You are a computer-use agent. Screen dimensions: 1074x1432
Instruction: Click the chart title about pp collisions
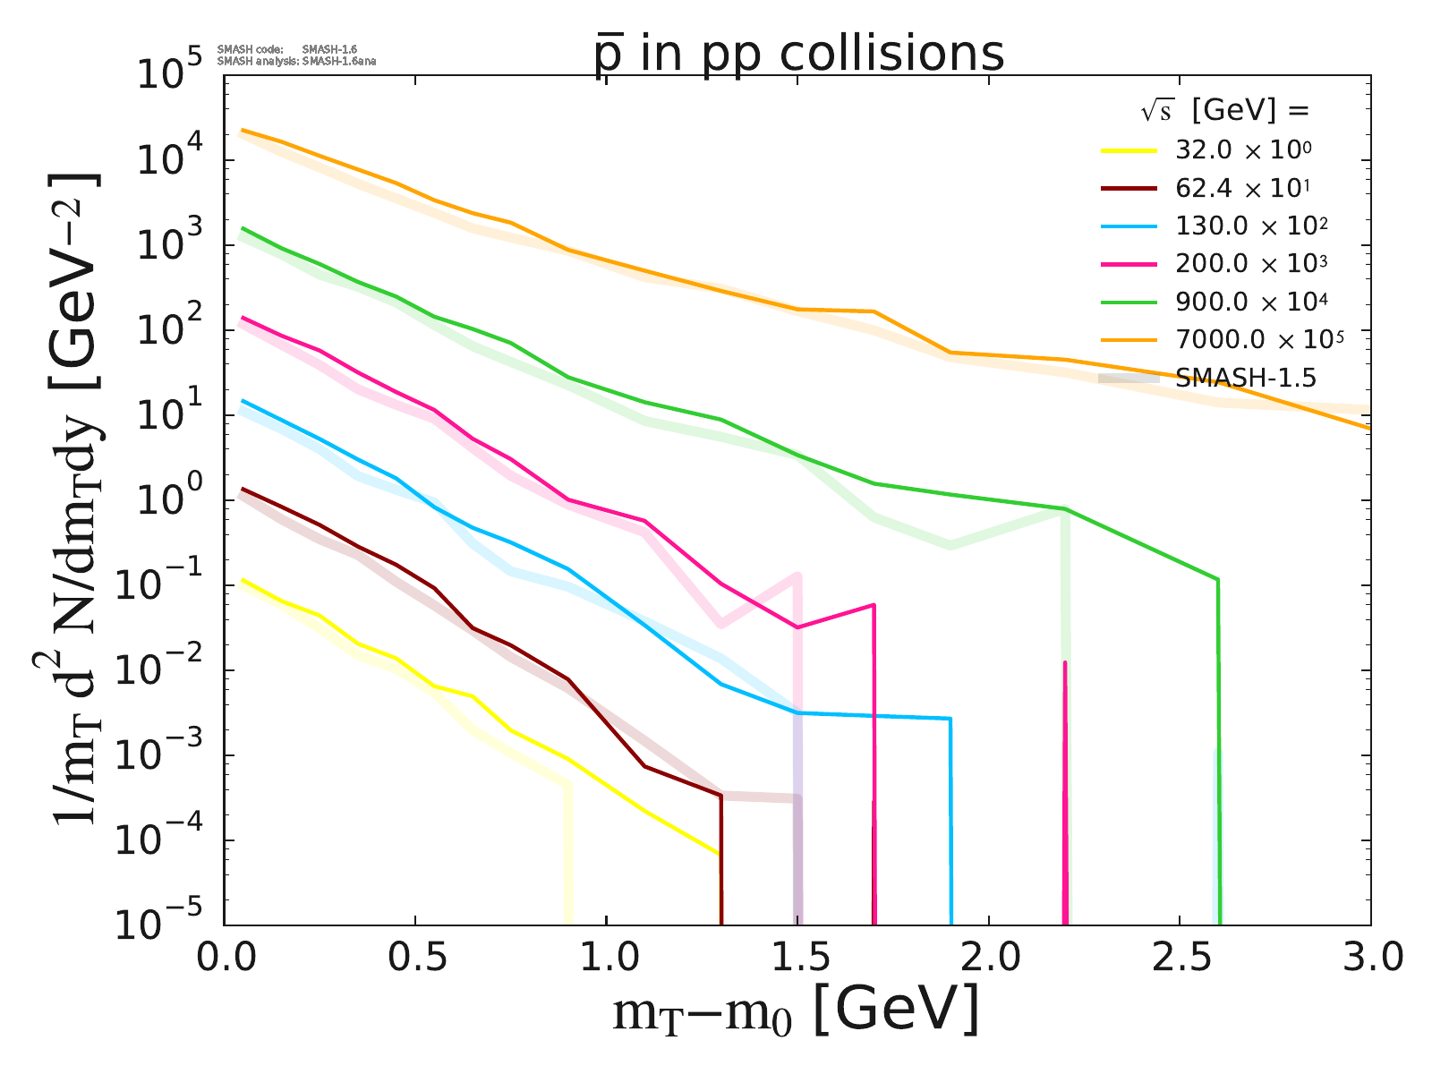coord(799,54)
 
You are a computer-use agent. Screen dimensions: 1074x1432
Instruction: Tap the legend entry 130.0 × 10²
coord(1250,226)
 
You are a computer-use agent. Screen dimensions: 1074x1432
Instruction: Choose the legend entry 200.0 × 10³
coord(1250,263)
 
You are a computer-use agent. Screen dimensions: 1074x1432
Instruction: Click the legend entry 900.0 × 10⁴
coord(1250,302)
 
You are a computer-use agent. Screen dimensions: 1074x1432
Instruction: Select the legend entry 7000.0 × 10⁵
coord(1259,339)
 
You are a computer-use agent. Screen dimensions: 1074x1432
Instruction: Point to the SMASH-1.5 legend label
coord(1246,378)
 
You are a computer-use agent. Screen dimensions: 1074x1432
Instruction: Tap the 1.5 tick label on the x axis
coord(797,959)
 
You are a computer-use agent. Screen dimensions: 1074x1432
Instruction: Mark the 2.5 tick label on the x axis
coord(1179,959)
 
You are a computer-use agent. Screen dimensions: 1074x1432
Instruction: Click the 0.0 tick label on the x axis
coord(224,959)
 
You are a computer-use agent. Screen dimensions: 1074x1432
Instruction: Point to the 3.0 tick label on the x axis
coord(1369,959)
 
